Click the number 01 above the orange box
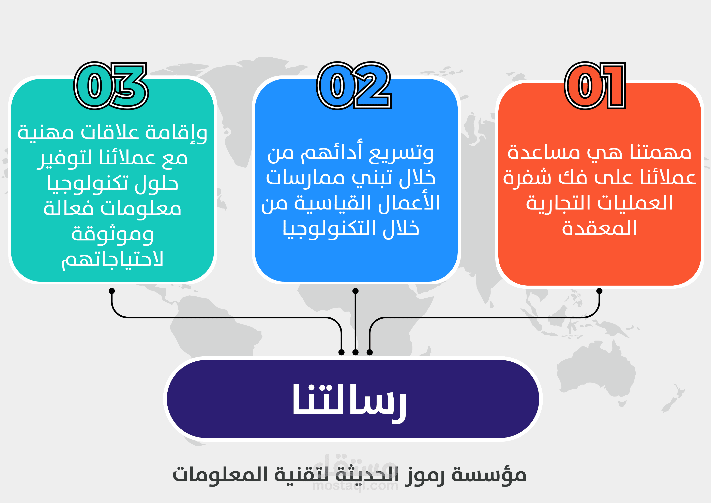point(595,86)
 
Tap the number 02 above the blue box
point(354,86)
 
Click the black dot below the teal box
point(112,291)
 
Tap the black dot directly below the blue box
point(355,291)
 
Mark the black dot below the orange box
point(599,291)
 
